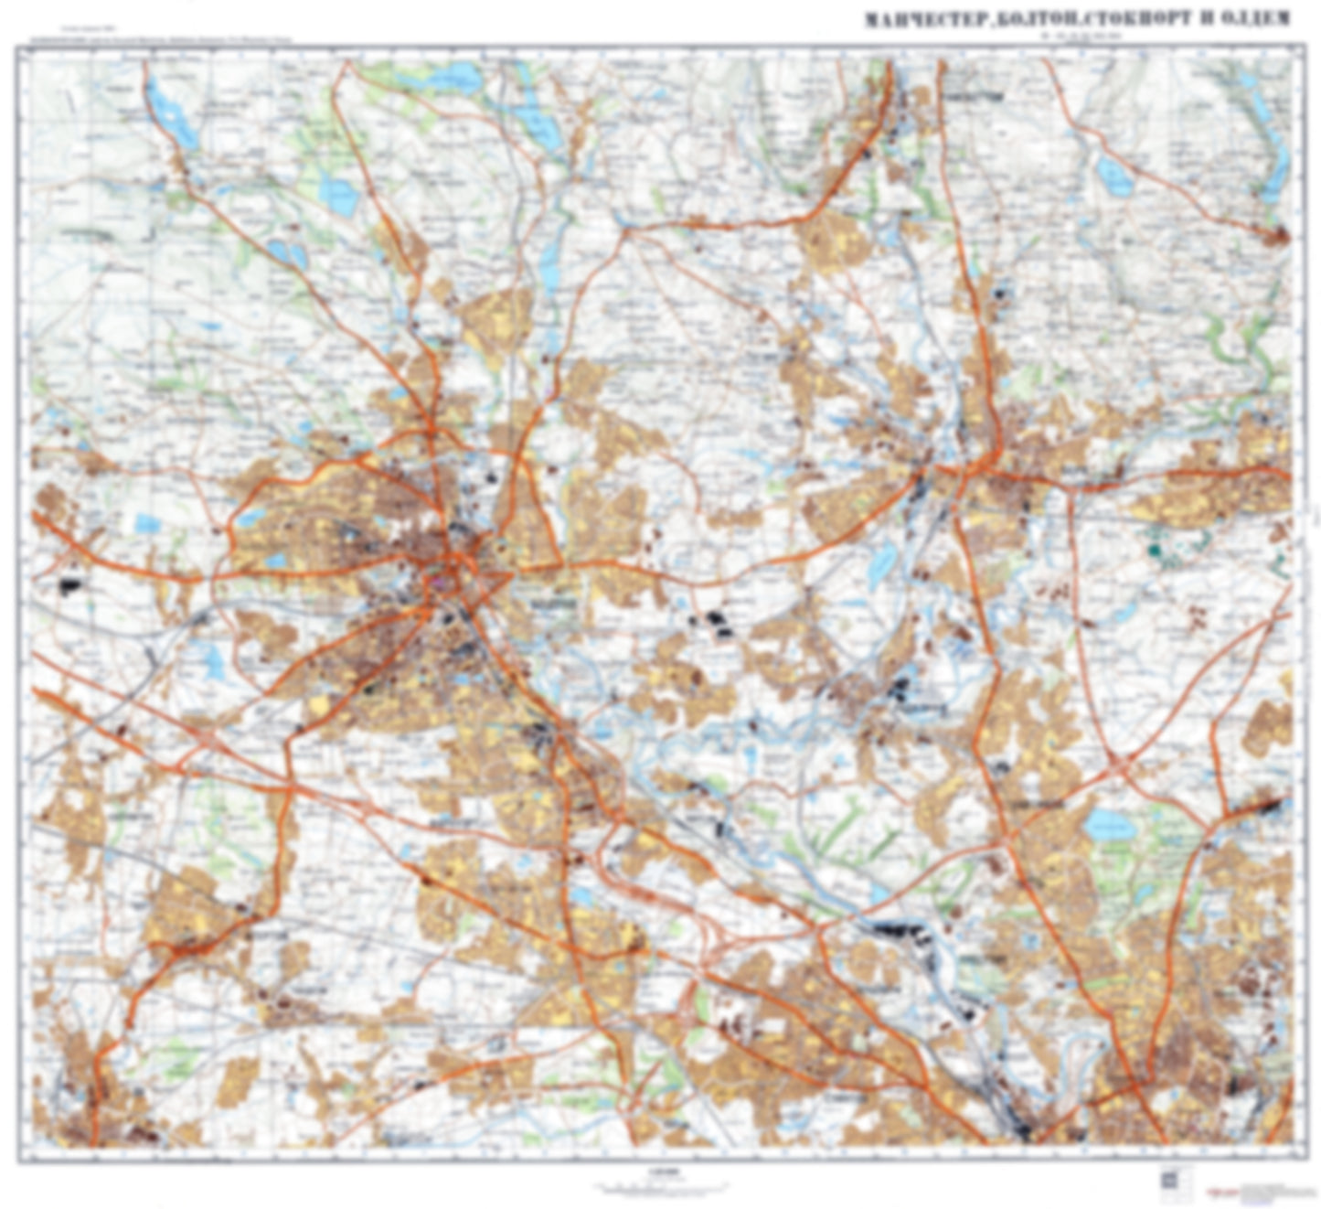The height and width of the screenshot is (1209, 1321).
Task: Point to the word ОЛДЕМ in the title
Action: [1252, 19]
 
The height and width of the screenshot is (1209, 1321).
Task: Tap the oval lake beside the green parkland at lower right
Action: [1109, 824]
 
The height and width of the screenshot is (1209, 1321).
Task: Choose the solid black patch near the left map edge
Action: [69, 586]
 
